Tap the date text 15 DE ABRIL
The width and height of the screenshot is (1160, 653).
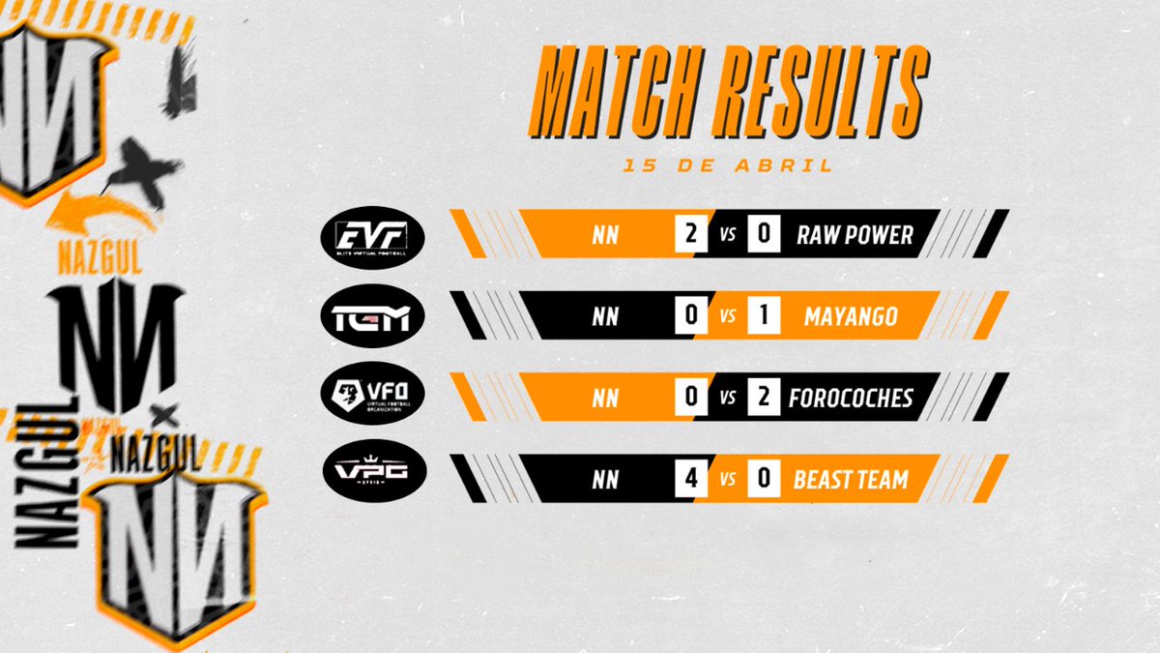point(728,165)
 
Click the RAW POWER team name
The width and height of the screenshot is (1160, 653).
point(855,235)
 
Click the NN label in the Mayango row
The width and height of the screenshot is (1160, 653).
point(606,316)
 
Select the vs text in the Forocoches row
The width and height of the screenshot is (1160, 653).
point(727,398)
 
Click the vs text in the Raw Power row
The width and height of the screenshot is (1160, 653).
point(727,235)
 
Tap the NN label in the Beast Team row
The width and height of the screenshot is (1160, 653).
point(606,479)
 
